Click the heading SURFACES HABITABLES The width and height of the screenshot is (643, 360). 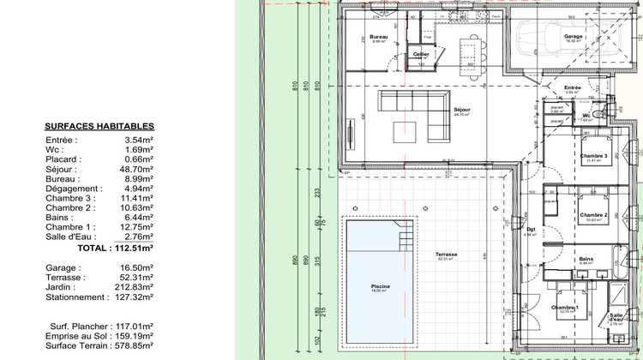[x=99, y=126]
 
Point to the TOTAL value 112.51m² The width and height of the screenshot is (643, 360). [x=133, y=247]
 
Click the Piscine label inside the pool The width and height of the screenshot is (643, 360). [x=380, y=286]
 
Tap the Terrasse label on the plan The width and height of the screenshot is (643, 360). [x=445, y=255]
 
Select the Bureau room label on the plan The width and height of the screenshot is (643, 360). [x=379, y=37]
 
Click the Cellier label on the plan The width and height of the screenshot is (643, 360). [x=420, y=54]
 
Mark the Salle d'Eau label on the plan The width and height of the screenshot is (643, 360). [x=616, y=316]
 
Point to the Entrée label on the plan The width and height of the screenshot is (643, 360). [x=573, y=87]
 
